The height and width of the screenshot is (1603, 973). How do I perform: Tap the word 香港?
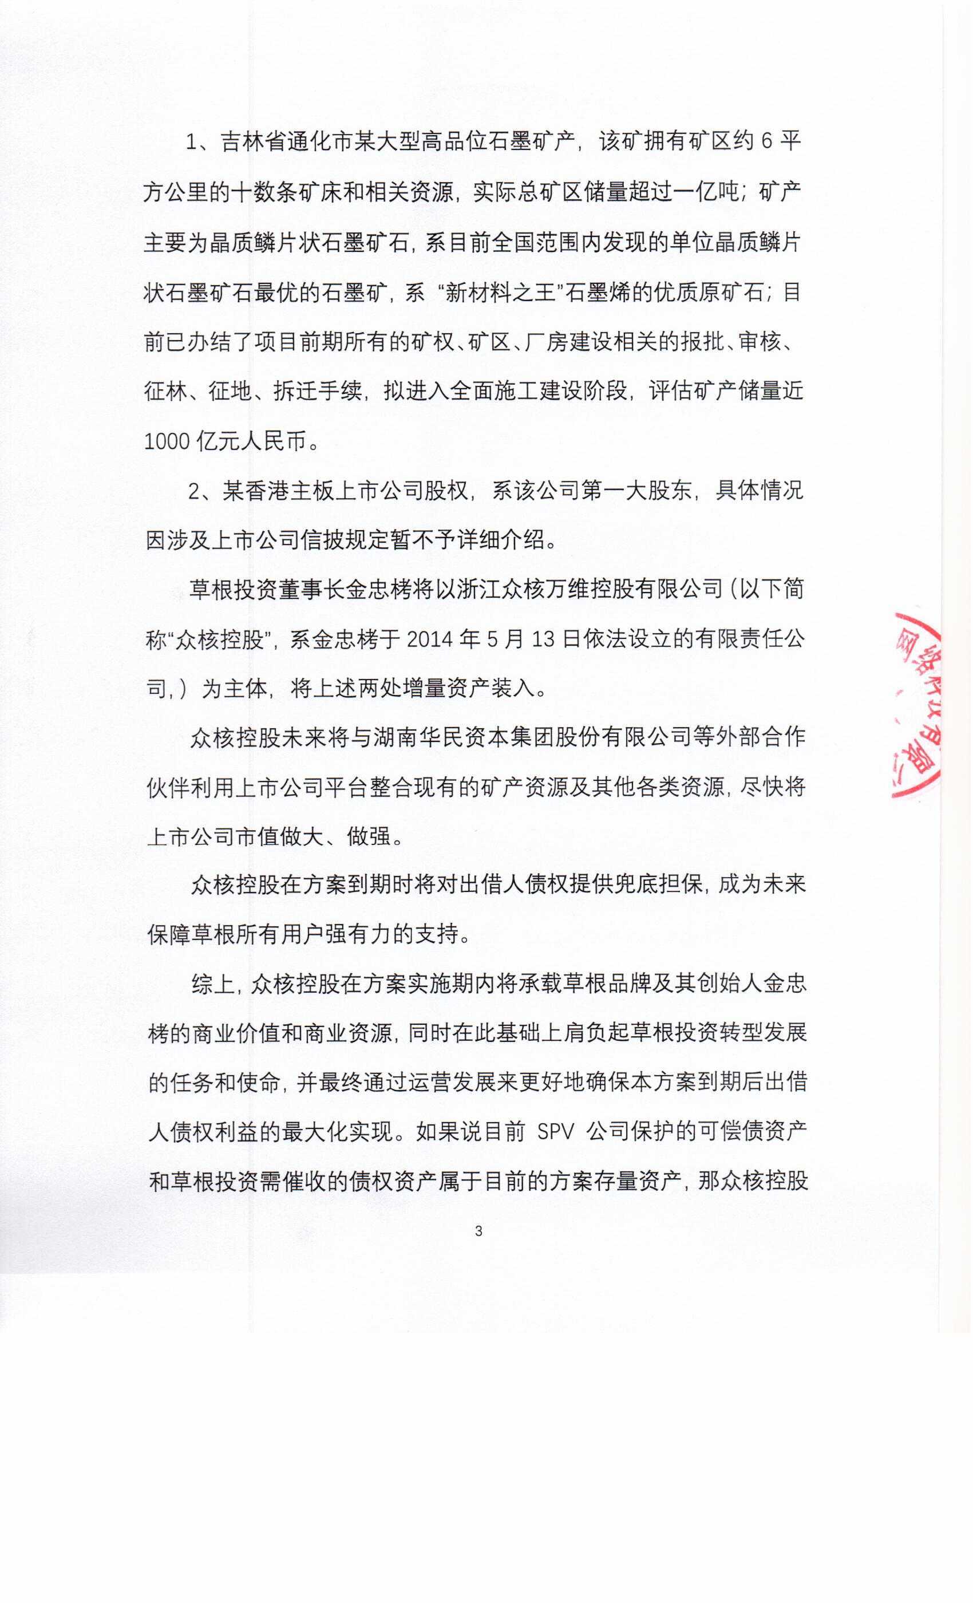tap(267, 491)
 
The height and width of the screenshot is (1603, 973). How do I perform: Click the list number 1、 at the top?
tap(197, 142)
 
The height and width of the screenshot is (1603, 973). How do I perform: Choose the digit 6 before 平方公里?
tap(766, 142)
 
